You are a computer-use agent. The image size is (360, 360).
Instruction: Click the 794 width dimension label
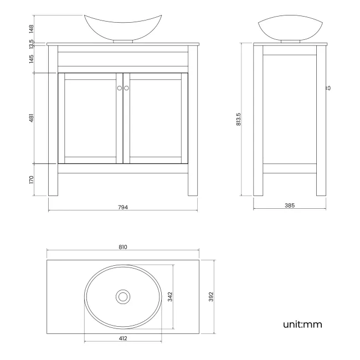coord(122,207)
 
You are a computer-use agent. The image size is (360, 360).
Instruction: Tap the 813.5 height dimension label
coord(238,119)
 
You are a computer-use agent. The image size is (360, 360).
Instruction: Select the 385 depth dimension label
coord(289,205)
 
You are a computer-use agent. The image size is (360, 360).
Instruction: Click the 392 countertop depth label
coord(211,297)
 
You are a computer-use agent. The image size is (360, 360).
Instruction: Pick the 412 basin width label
coord(123,338)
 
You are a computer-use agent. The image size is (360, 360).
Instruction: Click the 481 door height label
coord(32,119)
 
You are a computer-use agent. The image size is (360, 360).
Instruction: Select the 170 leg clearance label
coord(32,180)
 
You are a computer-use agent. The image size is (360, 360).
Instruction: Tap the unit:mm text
coord(302,324)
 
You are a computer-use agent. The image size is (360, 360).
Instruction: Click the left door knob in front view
coord(119,88)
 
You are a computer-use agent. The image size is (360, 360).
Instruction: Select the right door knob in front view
coord(126,88)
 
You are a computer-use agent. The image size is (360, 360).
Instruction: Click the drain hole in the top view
coord(123,297)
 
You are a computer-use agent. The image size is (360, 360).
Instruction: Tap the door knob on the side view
coord(328,88)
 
